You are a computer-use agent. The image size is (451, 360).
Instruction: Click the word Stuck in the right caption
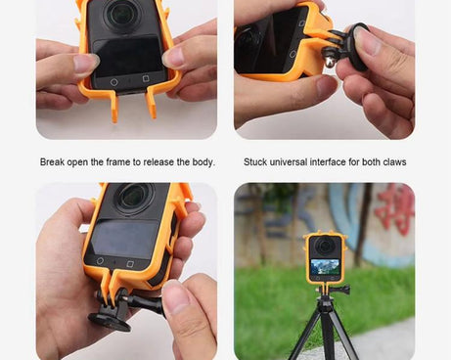coord(256,161)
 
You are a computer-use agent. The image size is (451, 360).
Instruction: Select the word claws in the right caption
coord(393,161)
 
